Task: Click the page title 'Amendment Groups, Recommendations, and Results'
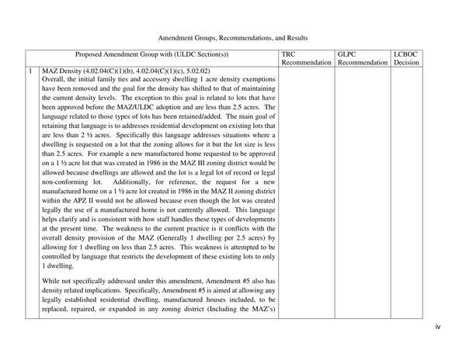tap(233, 36)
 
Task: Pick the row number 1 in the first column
tap(30, 70)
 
